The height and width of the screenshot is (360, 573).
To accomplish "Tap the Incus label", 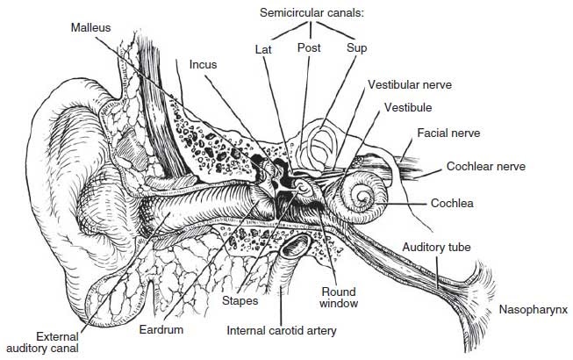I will click(x=204, y=63).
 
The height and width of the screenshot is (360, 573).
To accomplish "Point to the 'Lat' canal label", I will click(x=263, y=48).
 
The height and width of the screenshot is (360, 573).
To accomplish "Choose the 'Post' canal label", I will click(x=308, y=47).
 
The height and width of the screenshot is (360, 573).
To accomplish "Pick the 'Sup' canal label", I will click(x=356, y=47).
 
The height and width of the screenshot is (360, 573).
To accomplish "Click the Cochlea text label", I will click(x=452, y=203).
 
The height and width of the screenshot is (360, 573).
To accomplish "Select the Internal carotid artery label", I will click(x=281, y=331).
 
